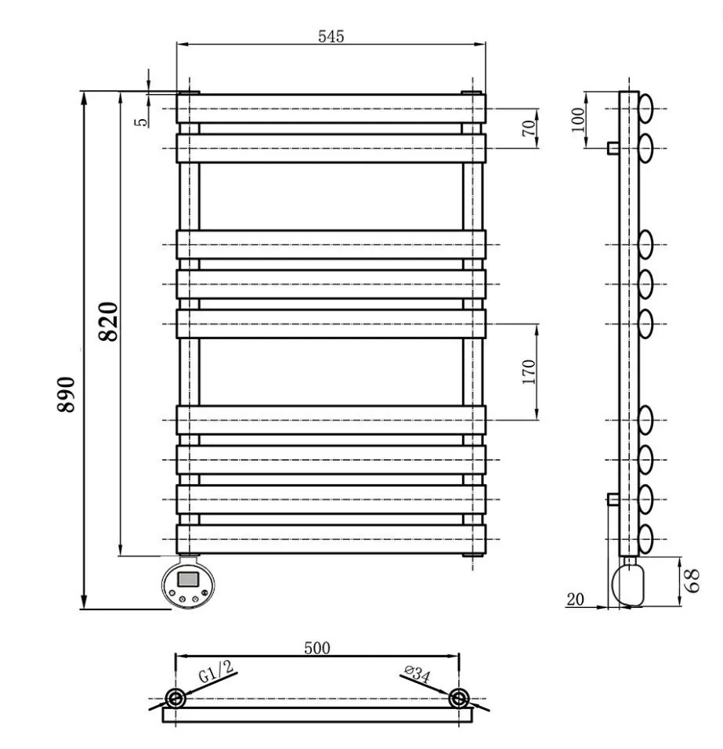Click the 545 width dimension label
(x=331, y=36)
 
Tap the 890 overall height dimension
(x=67, y=394)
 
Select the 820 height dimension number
(x=108, y=321)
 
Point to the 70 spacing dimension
(x=529, y=128)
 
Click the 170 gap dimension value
(x=529, y=372)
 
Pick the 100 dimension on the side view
(x=578, y=120)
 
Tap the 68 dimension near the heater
(x=692, y=581)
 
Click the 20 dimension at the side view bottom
(x=575, y=599)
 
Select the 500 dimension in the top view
(x=317, y=648)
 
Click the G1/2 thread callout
(x=216, y=671)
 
